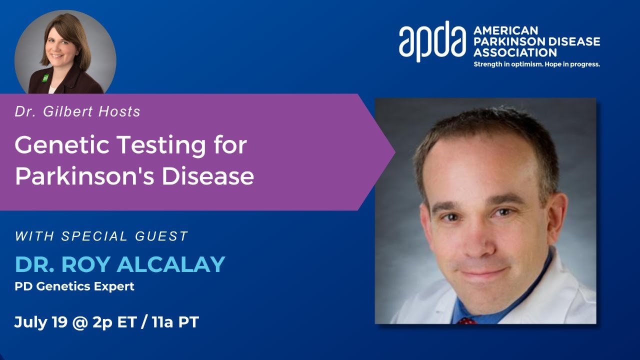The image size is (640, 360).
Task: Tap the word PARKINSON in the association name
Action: pyautogui.click(x=505, y=41)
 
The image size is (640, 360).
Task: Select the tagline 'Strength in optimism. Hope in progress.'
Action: pyautogui.click(x=536, y=64)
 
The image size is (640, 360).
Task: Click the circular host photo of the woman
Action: pyautogui.click(x=65, y=53)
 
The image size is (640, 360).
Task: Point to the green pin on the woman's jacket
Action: pyautogui.click(x=45, y=78)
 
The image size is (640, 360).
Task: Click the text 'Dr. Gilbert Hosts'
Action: pyautogui.click(x=77, y=111)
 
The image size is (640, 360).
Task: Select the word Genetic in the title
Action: pyautogui.click(x=61, y=146)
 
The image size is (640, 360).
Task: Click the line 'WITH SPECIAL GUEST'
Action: pyautogui.click(x=101, y=236)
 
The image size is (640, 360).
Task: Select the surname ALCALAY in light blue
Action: pyautogui.click(x=171, y=264)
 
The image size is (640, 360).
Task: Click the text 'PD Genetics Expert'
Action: pyautogui.click(x=74, y=287)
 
